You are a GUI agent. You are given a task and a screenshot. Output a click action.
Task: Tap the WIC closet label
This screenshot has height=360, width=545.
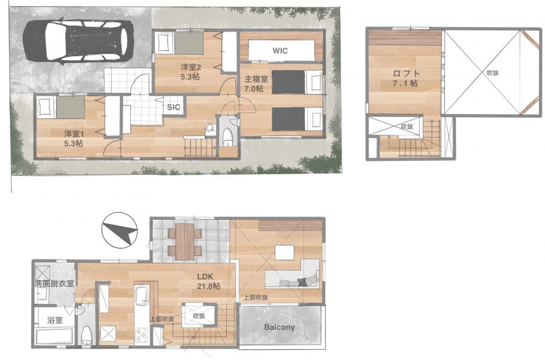(x=280, y=51)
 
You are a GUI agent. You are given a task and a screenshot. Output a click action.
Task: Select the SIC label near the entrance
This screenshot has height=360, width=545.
(x=173, y=107)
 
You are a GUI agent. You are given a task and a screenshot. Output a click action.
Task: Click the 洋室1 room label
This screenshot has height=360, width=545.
(x=74, y=133)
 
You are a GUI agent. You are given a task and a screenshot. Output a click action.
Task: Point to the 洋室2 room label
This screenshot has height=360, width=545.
(x=190, y=67)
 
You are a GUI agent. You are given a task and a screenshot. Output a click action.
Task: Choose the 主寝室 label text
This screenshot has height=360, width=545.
(x=256, y=79)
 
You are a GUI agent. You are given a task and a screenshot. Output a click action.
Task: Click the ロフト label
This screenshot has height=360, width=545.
(x=407, y=74)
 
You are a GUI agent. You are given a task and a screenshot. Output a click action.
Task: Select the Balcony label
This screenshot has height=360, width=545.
(x=280, y=327)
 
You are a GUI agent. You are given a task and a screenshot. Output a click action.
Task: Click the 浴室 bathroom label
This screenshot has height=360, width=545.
(x=55, y=320)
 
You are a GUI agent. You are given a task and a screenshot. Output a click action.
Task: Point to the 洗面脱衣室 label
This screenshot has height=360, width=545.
(x=55, y=283)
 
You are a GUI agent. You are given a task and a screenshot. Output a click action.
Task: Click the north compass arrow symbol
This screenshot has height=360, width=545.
(x=119, y=230)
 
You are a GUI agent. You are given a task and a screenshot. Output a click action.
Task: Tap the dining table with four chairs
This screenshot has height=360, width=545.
(x=185, y=242)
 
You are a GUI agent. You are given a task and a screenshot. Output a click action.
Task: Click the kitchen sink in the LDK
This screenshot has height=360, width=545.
(x=142, y=296)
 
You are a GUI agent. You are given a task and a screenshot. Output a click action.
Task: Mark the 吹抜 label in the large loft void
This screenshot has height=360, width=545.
(x=493, y=73)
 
